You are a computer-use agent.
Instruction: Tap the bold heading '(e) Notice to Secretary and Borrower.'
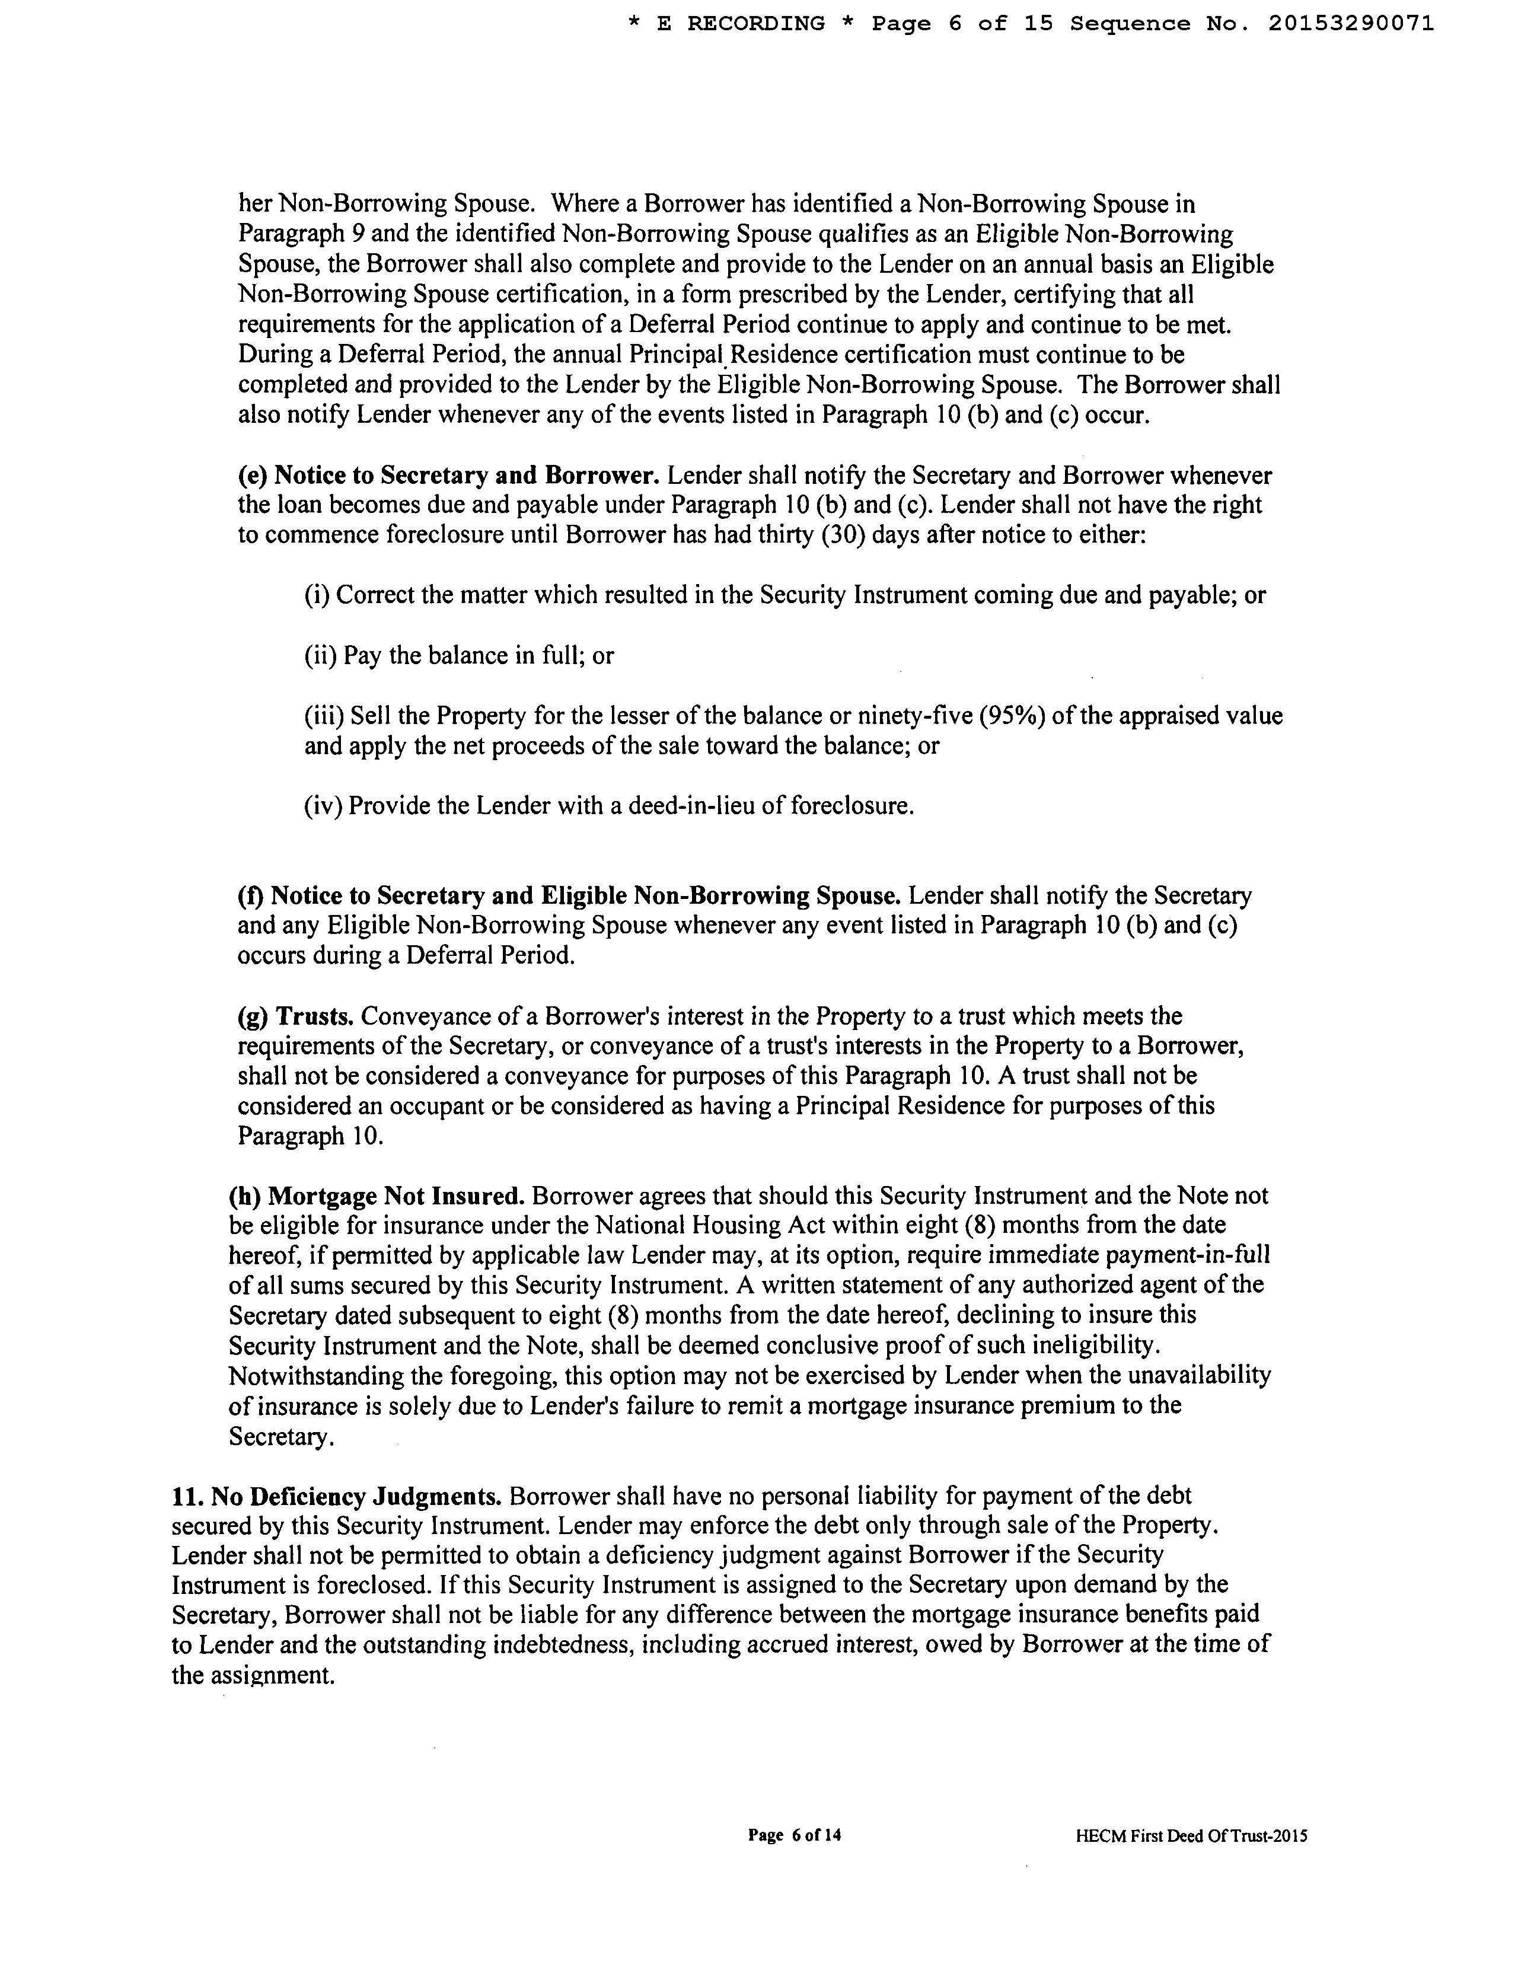point(449,475)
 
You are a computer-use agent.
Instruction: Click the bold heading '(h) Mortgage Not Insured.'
point(377,1196)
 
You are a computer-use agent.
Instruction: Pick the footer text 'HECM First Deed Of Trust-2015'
point(1191,1837)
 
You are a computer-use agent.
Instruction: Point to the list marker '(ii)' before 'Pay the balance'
point(321,656)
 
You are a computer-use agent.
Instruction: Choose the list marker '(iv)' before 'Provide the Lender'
point(324,806)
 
